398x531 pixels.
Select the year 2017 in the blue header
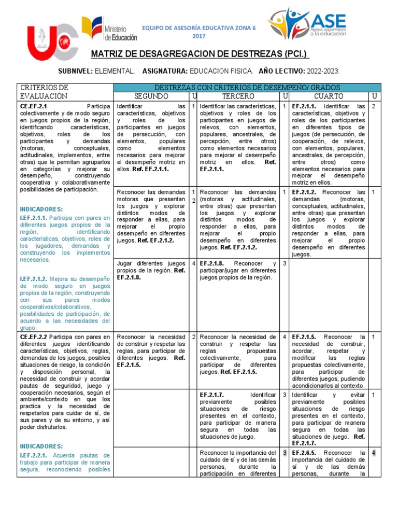[199, 36]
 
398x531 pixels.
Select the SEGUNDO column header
[151, 96]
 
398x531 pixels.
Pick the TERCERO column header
[238, 96]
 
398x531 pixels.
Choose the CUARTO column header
[329, 96]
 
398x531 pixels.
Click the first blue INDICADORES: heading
[41, 208]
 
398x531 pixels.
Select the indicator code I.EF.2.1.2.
[34, 278]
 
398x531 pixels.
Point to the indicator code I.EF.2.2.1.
[34, 455]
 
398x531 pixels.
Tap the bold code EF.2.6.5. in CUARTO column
[305, 453]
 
